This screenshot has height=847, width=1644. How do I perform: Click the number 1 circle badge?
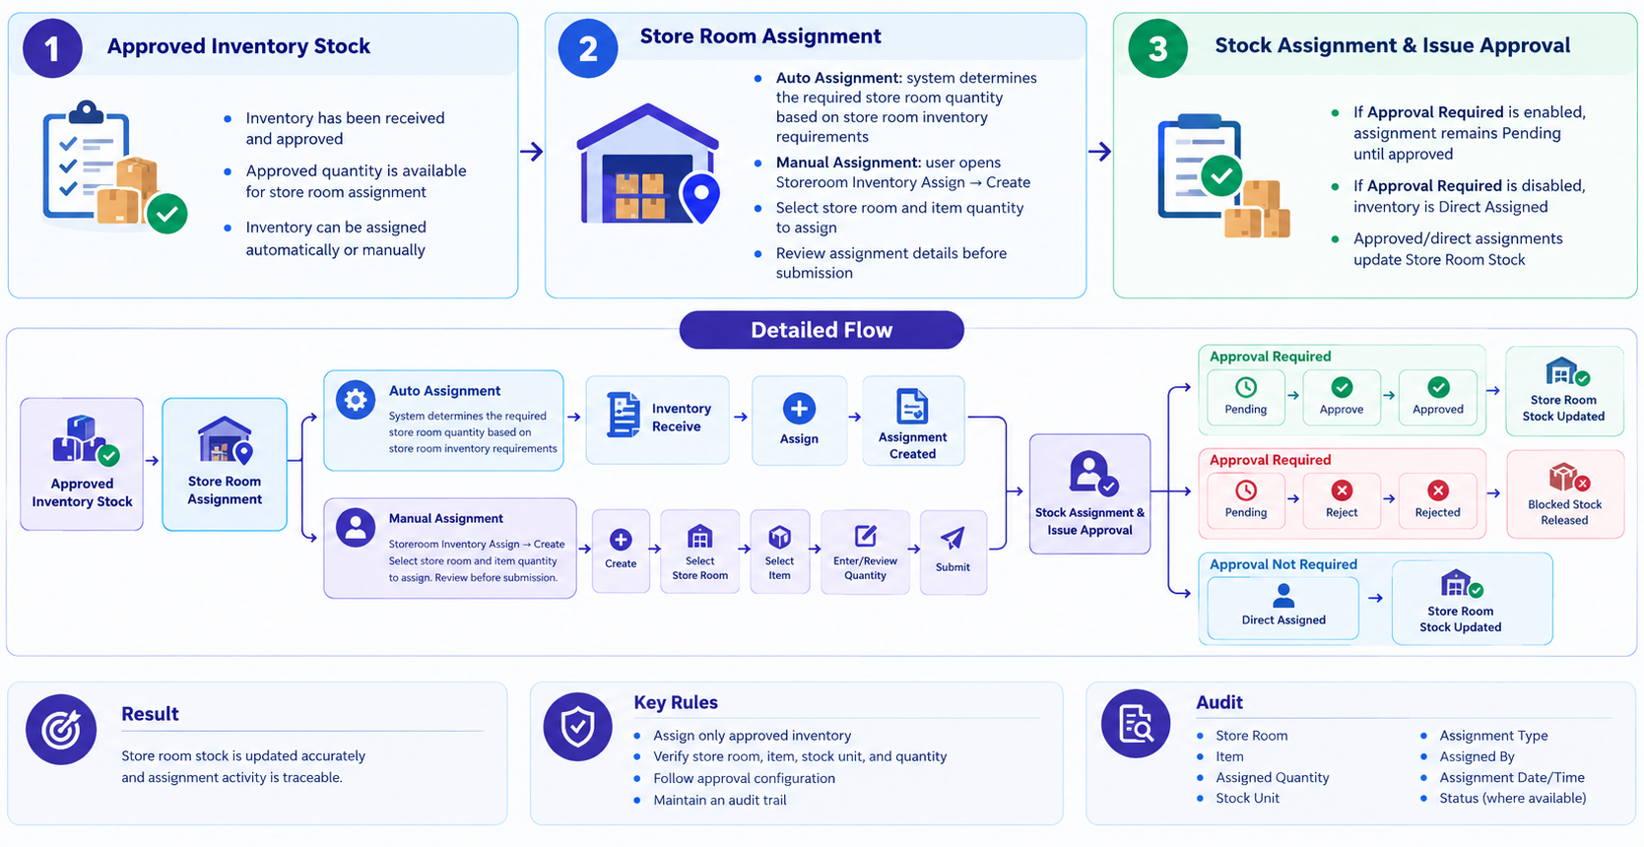pos(52,48)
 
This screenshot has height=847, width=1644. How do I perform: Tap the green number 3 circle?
pos(1157,48)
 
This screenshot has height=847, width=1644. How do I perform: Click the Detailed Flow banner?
pos(822,330)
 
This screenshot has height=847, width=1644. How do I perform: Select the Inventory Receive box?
pos(658,420)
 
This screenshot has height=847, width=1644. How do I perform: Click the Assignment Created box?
pos(913,421)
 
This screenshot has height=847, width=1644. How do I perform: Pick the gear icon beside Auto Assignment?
pos(356,400)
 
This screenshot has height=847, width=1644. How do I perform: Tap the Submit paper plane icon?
pos(953,539)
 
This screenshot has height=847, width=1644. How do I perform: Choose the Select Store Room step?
pos(700,552)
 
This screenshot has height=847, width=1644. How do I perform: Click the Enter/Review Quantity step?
pos(865,552)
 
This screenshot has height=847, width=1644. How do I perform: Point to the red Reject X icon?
pos(1342,490)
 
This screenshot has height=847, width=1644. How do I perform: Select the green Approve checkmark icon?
pos(1342,387)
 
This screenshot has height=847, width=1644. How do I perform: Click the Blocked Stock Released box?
pos(1565,494)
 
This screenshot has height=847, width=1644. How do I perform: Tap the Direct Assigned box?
pos(1282,608)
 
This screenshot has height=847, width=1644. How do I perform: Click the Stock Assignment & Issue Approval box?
pos(1089,493)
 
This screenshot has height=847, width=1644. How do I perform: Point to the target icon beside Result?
pos(61,730)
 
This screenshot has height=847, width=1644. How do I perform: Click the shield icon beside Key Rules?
pos(577,727)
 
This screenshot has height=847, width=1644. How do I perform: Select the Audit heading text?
pos(1219,702)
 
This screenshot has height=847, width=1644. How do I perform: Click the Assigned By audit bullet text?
pos(1477,756)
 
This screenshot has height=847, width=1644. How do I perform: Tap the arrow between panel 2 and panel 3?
pos(1099,152)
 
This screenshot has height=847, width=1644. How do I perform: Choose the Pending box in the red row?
pos(1245,500)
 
